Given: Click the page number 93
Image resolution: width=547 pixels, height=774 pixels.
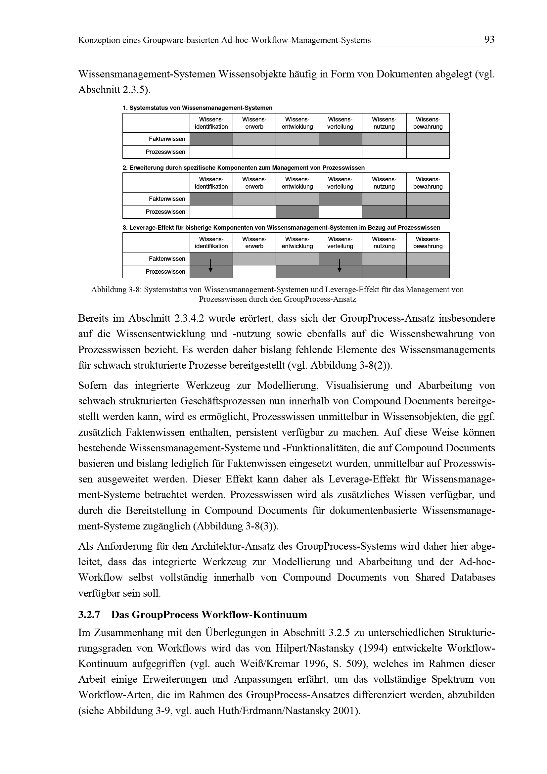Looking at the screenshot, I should point(489,40).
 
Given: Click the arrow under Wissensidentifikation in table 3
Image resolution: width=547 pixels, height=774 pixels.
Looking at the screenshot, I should point(211,265).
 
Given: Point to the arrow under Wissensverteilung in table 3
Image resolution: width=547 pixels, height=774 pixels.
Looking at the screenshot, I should point(340,265).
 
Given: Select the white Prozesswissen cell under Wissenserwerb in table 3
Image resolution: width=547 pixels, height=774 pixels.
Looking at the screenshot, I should point(254,272).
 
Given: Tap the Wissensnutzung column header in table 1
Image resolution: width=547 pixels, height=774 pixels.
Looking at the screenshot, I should point(384,123).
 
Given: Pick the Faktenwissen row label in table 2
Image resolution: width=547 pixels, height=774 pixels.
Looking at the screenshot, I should point(167,199).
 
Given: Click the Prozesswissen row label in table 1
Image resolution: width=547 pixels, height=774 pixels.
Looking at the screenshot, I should point(165,152).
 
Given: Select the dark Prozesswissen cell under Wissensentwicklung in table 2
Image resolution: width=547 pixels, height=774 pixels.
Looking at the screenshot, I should point(297,212).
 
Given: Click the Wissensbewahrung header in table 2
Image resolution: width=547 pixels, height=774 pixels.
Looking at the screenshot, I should point(428,183).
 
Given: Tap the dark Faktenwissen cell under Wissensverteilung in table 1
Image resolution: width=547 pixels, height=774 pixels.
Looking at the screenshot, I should point(340,139).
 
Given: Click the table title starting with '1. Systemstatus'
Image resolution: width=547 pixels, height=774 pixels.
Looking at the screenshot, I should point(197,108).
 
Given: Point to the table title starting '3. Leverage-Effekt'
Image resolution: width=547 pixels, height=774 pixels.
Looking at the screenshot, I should point(281,228).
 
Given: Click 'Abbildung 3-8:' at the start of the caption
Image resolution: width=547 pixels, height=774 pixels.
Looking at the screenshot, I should point(116,290).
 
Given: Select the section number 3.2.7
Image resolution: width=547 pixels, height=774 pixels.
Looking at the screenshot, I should point(89,615).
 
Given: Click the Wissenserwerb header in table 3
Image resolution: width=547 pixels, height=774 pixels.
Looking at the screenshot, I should point(254,243).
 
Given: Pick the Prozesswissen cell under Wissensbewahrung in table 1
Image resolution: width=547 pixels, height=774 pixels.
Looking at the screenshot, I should point(428,152).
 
